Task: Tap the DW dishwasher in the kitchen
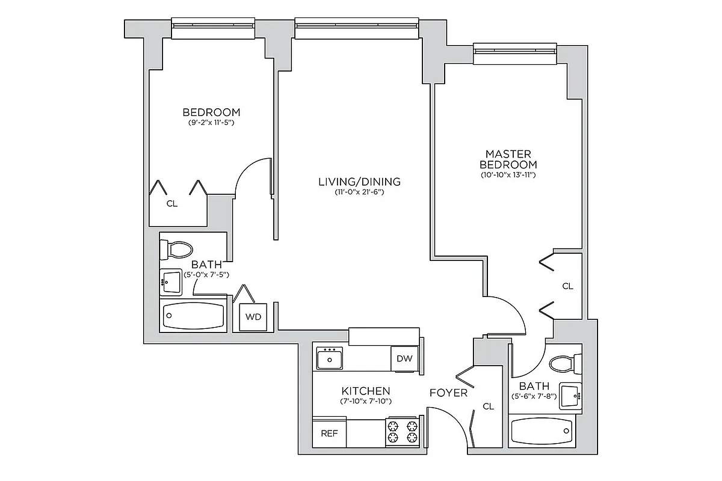tap(404, 359)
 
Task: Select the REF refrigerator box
tap(329, 433)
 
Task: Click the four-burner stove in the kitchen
tap(402, 432)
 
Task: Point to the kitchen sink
tap(329, 359)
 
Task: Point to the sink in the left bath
tap(171, 281)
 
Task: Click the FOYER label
tap(448, 393)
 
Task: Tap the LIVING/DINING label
tap(359, 182)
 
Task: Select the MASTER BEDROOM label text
tap(508, 159)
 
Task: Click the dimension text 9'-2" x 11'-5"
tap(211, 123)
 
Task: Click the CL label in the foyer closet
tap(488, 406)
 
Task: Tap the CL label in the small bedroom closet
tap(172, 204)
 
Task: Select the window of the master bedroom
tap(514, 54)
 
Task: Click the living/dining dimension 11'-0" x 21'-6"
tap(359, 192)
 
